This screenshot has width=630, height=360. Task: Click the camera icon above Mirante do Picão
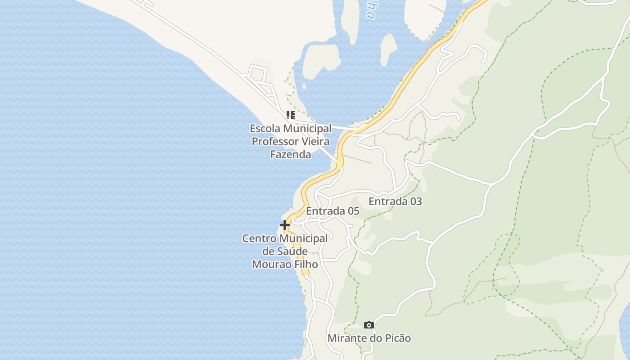click(x=369, y=325)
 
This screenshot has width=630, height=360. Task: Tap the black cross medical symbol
click(x=285, y=225)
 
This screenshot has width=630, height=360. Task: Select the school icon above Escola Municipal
click(x=291, y=115)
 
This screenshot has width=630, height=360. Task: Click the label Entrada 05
click(x=333, y=211)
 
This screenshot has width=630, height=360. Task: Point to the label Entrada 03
click(x=395, y=201)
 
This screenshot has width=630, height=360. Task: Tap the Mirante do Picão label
click(x=369, y=338)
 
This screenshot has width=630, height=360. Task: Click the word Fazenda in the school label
click(x=290, y=154)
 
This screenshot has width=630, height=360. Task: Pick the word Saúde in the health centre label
click(x=291, y=251)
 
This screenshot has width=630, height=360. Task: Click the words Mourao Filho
click(x=285, y=264)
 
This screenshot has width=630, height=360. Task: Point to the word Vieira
click(x=315, y=141)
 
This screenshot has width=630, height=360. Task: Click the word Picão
click(x=398, y=338)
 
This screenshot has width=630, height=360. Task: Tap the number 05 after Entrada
click(x=353, y=211)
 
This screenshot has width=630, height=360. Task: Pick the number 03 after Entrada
click(x=416, y=201)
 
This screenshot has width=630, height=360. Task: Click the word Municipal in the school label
click(x=307, y=128)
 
